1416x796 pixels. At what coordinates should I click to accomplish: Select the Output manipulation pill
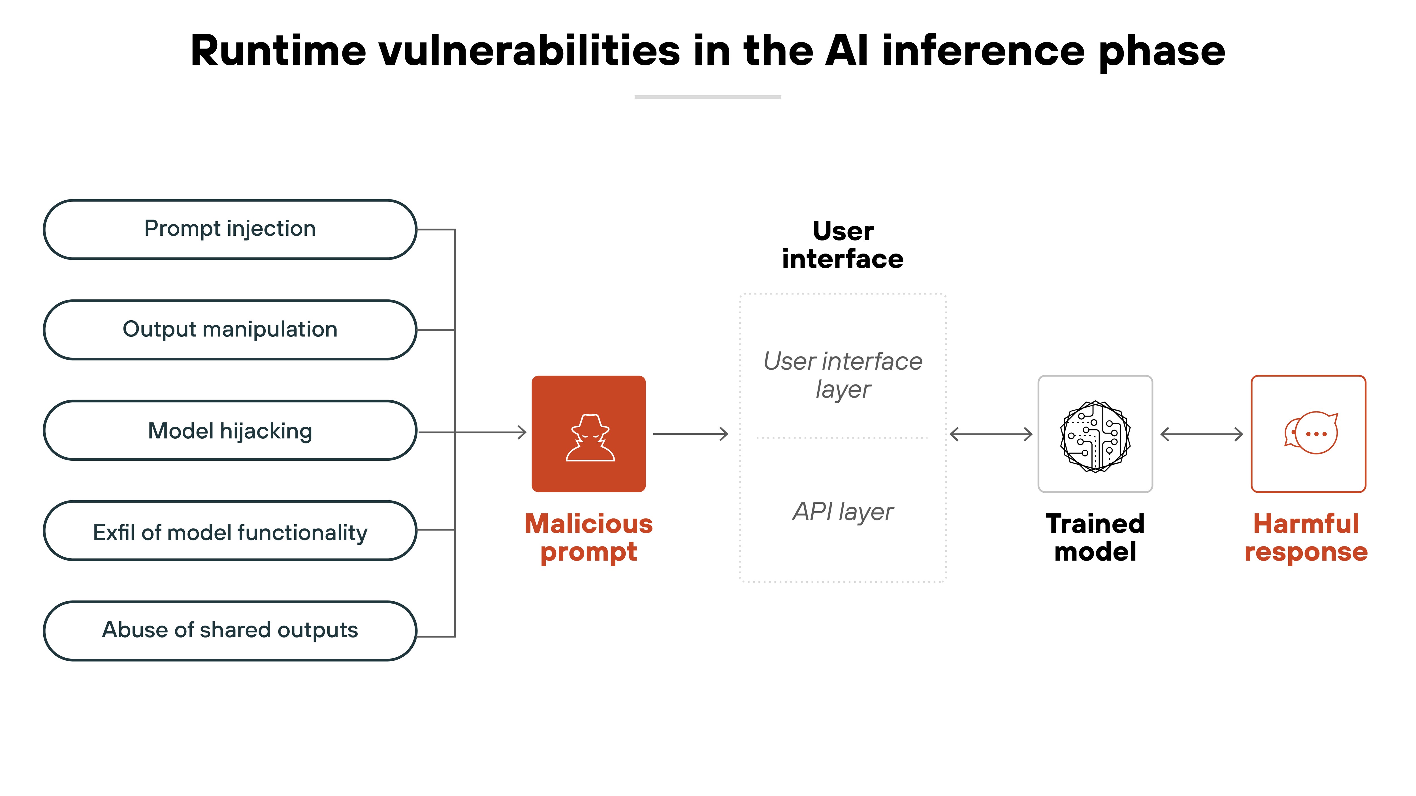coord(230,330)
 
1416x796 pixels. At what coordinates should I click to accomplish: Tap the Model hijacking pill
coord(230,431)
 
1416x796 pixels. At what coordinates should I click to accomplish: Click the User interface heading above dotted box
coord(843,245)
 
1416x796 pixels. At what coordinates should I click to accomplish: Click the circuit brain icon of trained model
coord(1095,436)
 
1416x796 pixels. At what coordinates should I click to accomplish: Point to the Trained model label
coord(1095,538)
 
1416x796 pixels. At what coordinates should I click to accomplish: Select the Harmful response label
coord(1306,538)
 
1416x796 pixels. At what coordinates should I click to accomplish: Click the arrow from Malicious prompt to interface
coord(690,434)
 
